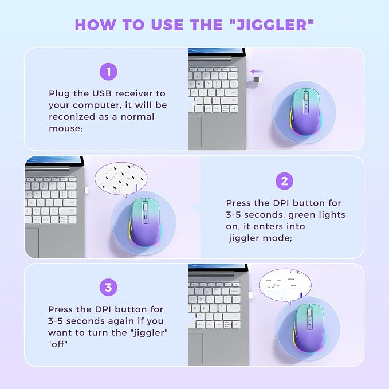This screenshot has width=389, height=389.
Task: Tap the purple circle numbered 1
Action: point(108,72)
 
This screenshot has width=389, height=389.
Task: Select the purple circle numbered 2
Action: point(284,182)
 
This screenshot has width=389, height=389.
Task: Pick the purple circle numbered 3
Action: point(108,288)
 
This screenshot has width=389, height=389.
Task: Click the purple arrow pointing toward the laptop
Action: point(257,72)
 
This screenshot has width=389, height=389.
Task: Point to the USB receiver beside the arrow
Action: point(257,80)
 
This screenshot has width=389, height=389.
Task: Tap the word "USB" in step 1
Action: point(102,93)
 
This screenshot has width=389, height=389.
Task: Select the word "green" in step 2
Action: point(301,215)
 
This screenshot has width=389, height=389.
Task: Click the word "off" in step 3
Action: point(58,344)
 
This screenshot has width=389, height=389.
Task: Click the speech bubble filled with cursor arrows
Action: point(121,179)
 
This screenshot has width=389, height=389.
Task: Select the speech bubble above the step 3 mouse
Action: point(285,286)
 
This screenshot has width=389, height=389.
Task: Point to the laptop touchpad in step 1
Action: point(195,132)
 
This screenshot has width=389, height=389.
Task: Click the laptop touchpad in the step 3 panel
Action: point(195,349)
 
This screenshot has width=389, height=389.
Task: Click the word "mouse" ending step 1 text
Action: point(65,128)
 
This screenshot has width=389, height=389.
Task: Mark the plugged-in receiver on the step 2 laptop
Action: point(87,190)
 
